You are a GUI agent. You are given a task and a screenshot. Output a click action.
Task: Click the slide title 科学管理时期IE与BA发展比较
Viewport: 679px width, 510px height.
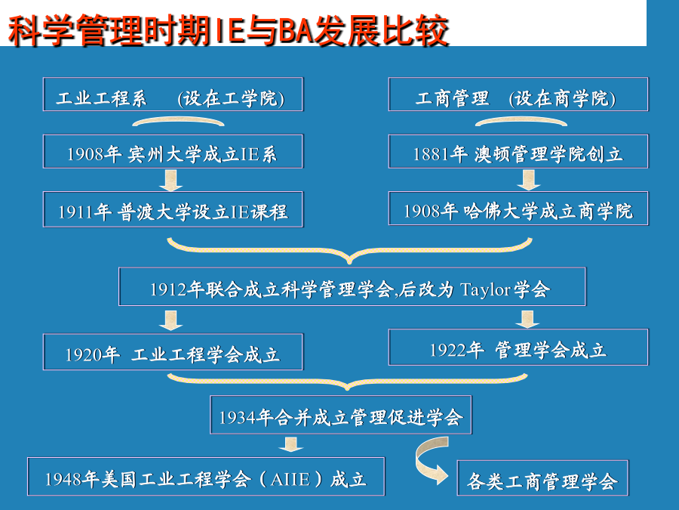(228, 30)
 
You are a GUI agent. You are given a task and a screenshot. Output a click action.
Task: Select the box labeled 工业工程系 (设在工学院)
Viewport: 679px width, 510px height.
(173, 94)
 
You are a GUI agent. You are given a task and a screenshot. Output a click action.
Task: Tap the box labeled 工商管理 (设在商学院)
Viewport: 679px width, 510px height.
(518, 94)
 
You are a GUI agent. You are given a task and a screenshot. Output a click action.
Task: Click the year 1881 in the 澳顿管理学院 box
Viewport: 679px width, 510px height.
(431, 154)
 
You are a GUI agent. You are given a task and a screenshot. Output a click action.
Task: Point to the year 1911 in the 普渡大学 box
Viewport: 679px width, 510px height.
(75, 212)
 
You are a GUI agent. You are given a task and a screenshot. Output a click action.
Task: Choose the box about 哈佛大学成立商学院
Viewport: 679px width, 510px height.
(518, 209)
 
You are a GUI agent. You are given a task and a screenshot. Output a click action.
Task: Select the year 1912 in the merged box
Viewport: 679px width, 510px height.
(168, 289)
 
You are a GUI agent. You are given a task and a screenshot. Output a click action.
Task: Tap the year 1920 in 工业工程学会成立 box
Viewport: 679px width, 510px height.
(83, 355)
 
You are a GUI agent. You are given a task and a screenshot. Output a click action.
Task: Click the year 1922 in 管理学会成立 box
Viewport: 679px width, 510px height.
(447, 350)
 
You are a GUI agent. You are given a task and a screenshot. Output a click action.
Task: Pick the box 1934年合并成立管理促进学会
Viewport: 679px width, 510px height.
(341, 415)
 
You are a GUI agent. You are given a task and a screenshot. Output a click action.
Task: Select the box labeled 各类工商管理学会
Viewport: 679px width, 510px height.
(542, 478)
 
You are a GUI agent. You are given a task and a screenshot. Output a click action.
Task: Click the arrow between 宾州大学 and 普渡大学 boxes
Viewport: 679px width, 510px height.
(171, 180)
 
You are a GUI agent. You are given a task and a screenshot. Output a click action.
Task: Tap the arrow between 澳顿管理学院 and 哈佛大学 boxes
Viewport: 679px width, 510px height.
(528, 180)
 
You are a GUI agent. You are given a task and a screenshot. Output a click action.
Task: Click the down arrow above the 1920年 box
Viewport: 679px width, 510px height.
(171, 320)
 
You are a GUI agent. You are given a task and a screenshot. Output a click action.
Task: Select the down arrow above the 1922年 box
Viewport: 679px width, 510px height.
(527, 319)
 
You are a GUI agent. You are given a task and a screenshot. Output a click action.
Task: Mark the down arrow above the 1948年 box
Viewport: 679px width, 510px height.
(291, 444)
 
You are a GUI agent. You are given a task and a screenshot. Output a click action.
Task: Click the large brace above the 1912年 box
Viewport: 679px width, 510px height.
(349, 252)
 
